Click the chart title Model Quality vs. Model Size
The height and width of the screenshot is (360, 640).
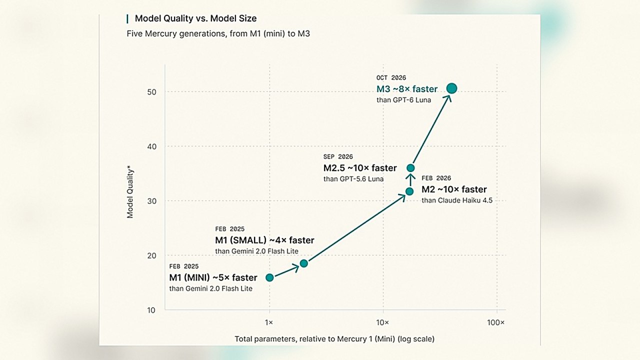(195, 18)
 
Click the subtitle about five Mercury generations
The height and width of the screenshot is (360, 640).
(218, 33)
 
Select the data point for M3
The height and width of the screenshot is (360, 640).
(451, 88)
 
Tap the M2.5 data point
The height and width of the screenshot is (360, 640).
(410, 168)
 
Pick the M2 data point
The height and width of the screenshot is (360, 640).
(409, 191)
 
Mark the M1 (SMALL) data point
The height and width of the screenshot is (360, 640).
(304, 263)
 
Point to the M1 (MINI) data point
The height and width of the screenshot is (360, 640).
(269, 277)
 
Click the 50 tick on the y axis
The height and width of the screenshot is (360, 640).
(151, 92)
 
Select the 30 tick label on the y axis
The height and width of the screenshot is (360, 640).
(151, 201)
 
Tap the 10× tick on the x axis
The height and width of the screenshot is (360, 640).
(382, 322)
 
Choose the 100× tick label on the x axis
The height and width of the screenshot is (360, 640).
(495, 322)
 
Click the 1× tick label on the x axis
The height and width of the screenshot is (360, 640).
(269, 322)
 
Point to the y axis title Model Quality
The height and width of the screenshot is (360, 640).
(130, 193)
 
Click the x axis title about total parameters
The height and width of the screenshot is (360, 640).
(334, 339)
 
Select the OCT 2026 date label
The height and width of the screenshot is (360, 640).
(391, 77)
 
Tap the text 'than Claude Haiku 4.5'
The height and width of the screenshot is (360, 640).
(457, 200)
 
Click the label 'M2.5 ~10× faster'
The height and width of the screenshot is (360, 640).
(360, 168)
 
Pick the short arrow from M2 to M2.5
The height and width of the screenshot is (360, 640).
(410, 180)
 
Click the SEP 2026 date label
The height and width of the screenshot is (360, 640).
(338, 156)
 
